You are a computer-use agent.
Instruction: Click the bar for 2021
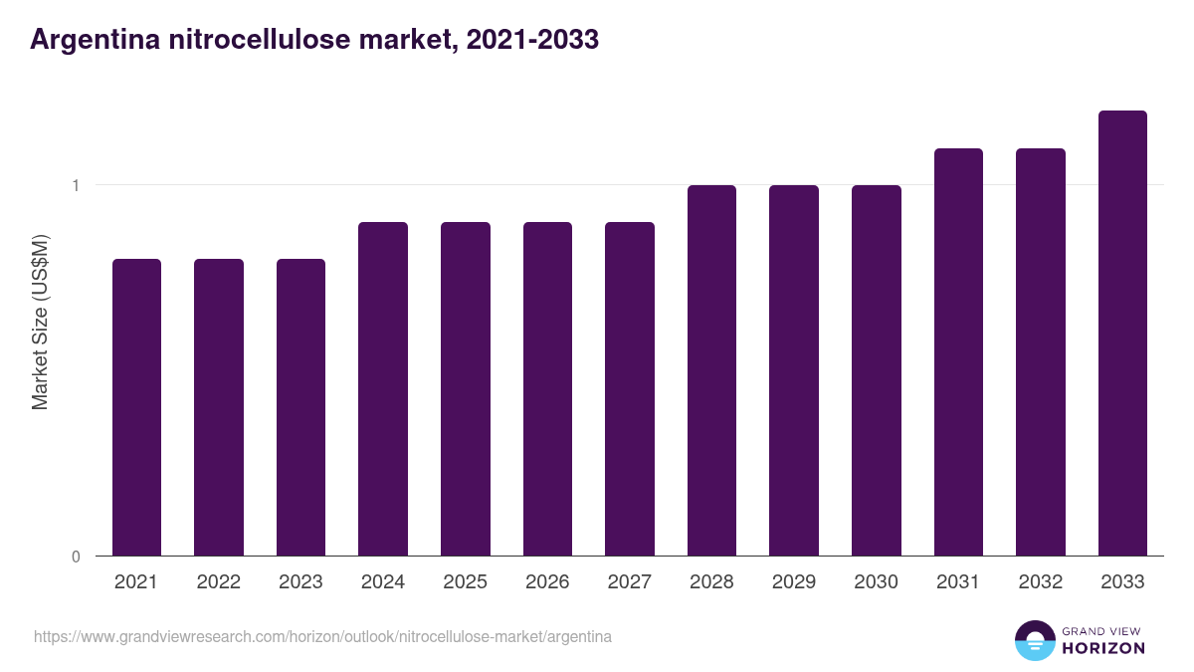[x=136, y=407]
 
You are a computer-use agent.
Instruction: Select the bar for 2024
[x=383, y=388]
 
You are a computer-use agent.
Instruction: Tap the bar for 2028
[x=711, y=370]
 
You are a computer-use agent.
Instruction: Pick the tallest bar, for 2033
[x=1122, y=333]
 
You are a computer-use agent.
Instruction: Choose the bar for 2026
[x=547, y=388]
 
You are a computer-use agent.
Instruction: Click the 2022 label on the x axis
[x=218, y=582]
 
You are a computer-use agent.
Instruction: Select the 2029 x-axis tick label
[x=794, y=582]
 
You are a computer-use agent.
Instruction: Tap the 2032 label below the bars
[x=1041, y=582]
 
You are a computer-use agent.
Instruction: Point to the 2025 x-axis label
[x=465, y=582]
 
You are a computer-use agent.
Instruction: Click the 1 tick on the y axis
[x=76, y=185]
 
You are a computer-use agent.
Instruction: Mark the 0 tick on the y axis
[x=76, y=557]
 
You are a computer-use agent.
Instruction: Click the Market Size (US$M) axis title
[x=40, y=321]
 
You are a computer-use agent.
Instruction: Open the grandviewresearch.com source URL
[x=322, y=636]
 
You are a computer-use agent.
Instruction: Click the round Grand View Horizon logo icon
[x=1034, y=640]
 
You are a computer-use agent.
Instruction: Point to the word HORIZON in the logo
[x=1103, y=648]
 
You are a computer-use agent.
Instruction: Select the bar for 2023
[x=300, y=407]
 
